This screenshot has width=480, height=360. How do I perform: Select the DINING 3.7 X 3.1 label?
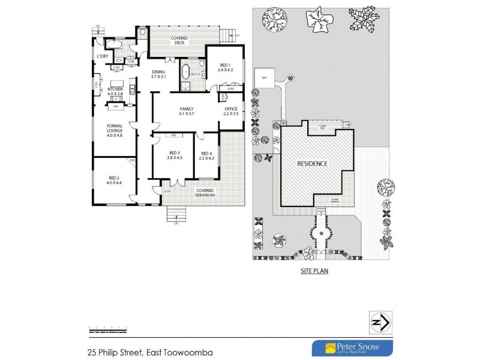tap(158, 74)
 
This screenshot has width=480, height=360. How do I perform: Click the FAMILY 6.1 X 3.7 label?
tap(185, 110)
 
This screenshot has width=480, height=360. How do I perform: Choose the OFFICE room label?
tap(231, 110)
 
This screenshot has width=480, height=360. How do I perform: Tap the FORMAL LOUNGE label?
tap(115, 130)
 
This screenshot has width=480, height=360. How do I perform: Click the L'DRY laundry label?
tap(103, 56)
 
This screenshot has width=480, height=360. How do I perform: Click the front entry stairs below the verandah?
tap(176, 212)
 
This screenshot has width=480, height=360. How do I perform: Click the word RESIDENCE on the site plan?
tap(313, 164)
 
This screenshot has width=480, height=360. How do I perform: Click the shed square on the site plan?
tap(263, 78)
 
